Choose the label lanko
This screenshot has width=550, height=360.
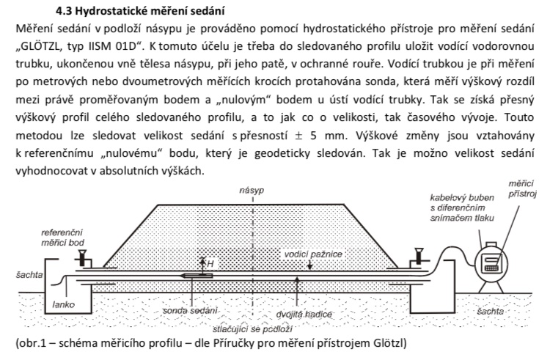tap(62, 302)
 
